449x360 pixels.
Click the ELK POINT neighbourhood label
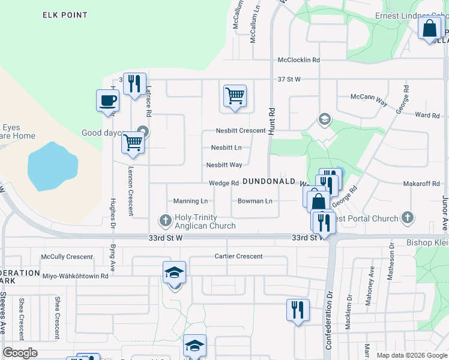(x=65, y=15)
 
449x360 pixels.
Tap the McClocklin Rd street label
(x=299, y=60)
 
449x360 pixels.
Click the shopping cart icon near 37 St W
(x=235, y=95)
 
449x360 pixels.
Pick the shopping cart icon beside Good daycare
(x=133, y=143)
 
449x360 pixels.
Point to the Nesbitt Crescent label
(x=241, y=131)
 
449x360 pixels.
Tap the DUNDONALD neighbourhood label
(x=268, y=181)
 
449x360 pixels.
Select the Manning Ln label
(x=190, y=201)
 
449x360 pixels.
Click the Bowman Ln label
(x=255, y=201)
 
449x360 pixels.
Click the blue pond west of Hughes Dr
(x=52, y=166)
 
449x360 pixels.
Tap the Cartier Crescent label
(x=238, y=256)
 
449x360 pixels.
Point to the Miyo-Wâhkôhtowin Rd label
(x=75, y=276)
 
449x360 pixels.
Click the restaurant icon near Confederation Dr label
(x=297, y=310)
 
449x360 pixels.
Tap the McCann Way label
(x=369, y=97)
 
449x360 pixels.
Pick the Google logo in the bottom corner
(x=20, y=353)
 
